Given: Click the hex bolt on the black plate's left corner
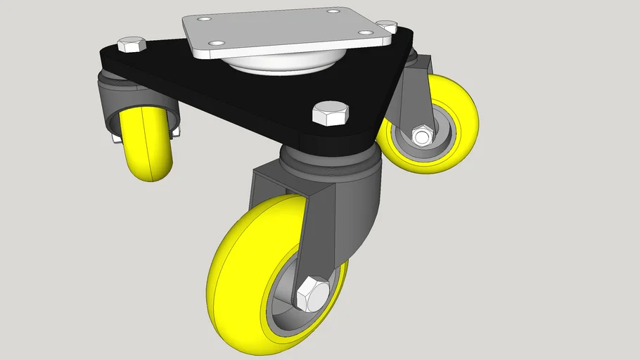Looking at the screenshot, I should coord(132,46).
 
